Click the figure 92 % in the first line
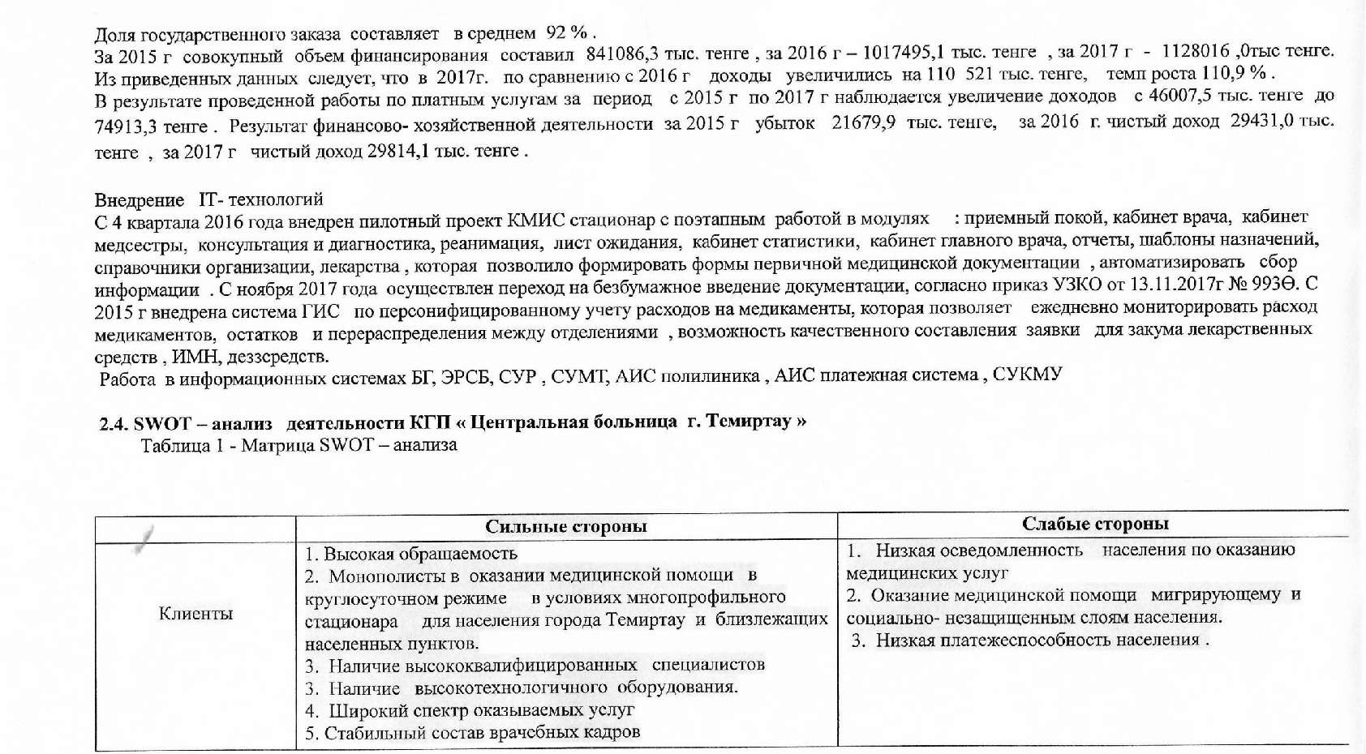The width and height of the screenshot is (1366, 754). click(x=566, y=33)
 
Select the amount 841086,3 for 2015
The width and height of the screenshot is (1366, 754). click(x=619, y=54)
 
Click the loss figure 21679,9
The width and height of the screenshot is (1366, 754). click(x=863, y=122)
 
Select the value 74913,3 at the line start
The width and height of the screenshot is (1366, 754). click(x=127, y=127)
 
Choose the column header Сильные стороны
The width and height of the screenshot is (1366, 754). click(x=565, y=526)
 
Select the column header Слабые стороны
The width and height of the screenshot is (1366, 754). click(x=1094, y=524)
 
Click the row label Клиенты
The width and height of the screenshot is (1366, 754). click(x=195, y=614)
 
